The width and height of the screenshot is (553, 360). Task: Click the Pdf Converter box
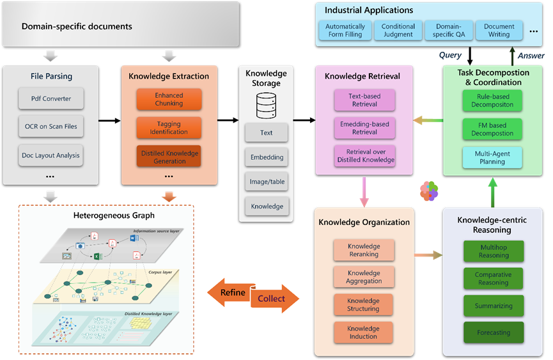[51, 99]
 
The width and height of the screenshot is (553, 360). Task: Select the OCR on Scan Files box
[51, 127]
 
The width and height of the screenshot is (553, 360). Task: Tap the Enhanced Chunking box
[169, 99]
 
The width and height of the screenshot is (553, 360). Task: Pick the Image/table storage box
[267, 182]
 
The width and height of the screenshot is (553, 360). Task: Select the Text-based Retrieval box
[364, 100]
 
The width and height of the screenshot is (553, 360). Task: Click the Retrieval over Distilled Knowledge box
[364, 156]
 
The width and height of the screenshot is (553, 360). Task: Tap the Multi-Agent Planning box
[492, 157]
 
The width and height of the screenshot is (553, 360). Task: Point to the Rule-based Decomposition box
[492, 100]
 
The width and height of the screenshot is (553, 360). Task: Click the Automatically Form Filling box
[345, 31]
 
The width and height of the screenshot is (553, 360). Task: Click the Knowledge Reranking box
[363, 250]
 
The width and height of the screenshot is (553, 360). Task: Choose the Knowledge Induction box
[363, 333]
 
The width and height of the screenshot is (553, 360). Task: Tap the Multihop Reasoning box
[493, 251]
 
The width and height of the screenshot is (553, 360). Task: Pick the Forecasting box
[493, 333]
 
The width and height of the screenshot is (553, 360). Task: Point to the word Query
[450, 56]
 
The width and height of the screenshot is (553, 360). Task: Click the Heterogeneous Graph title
[105, 215]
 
